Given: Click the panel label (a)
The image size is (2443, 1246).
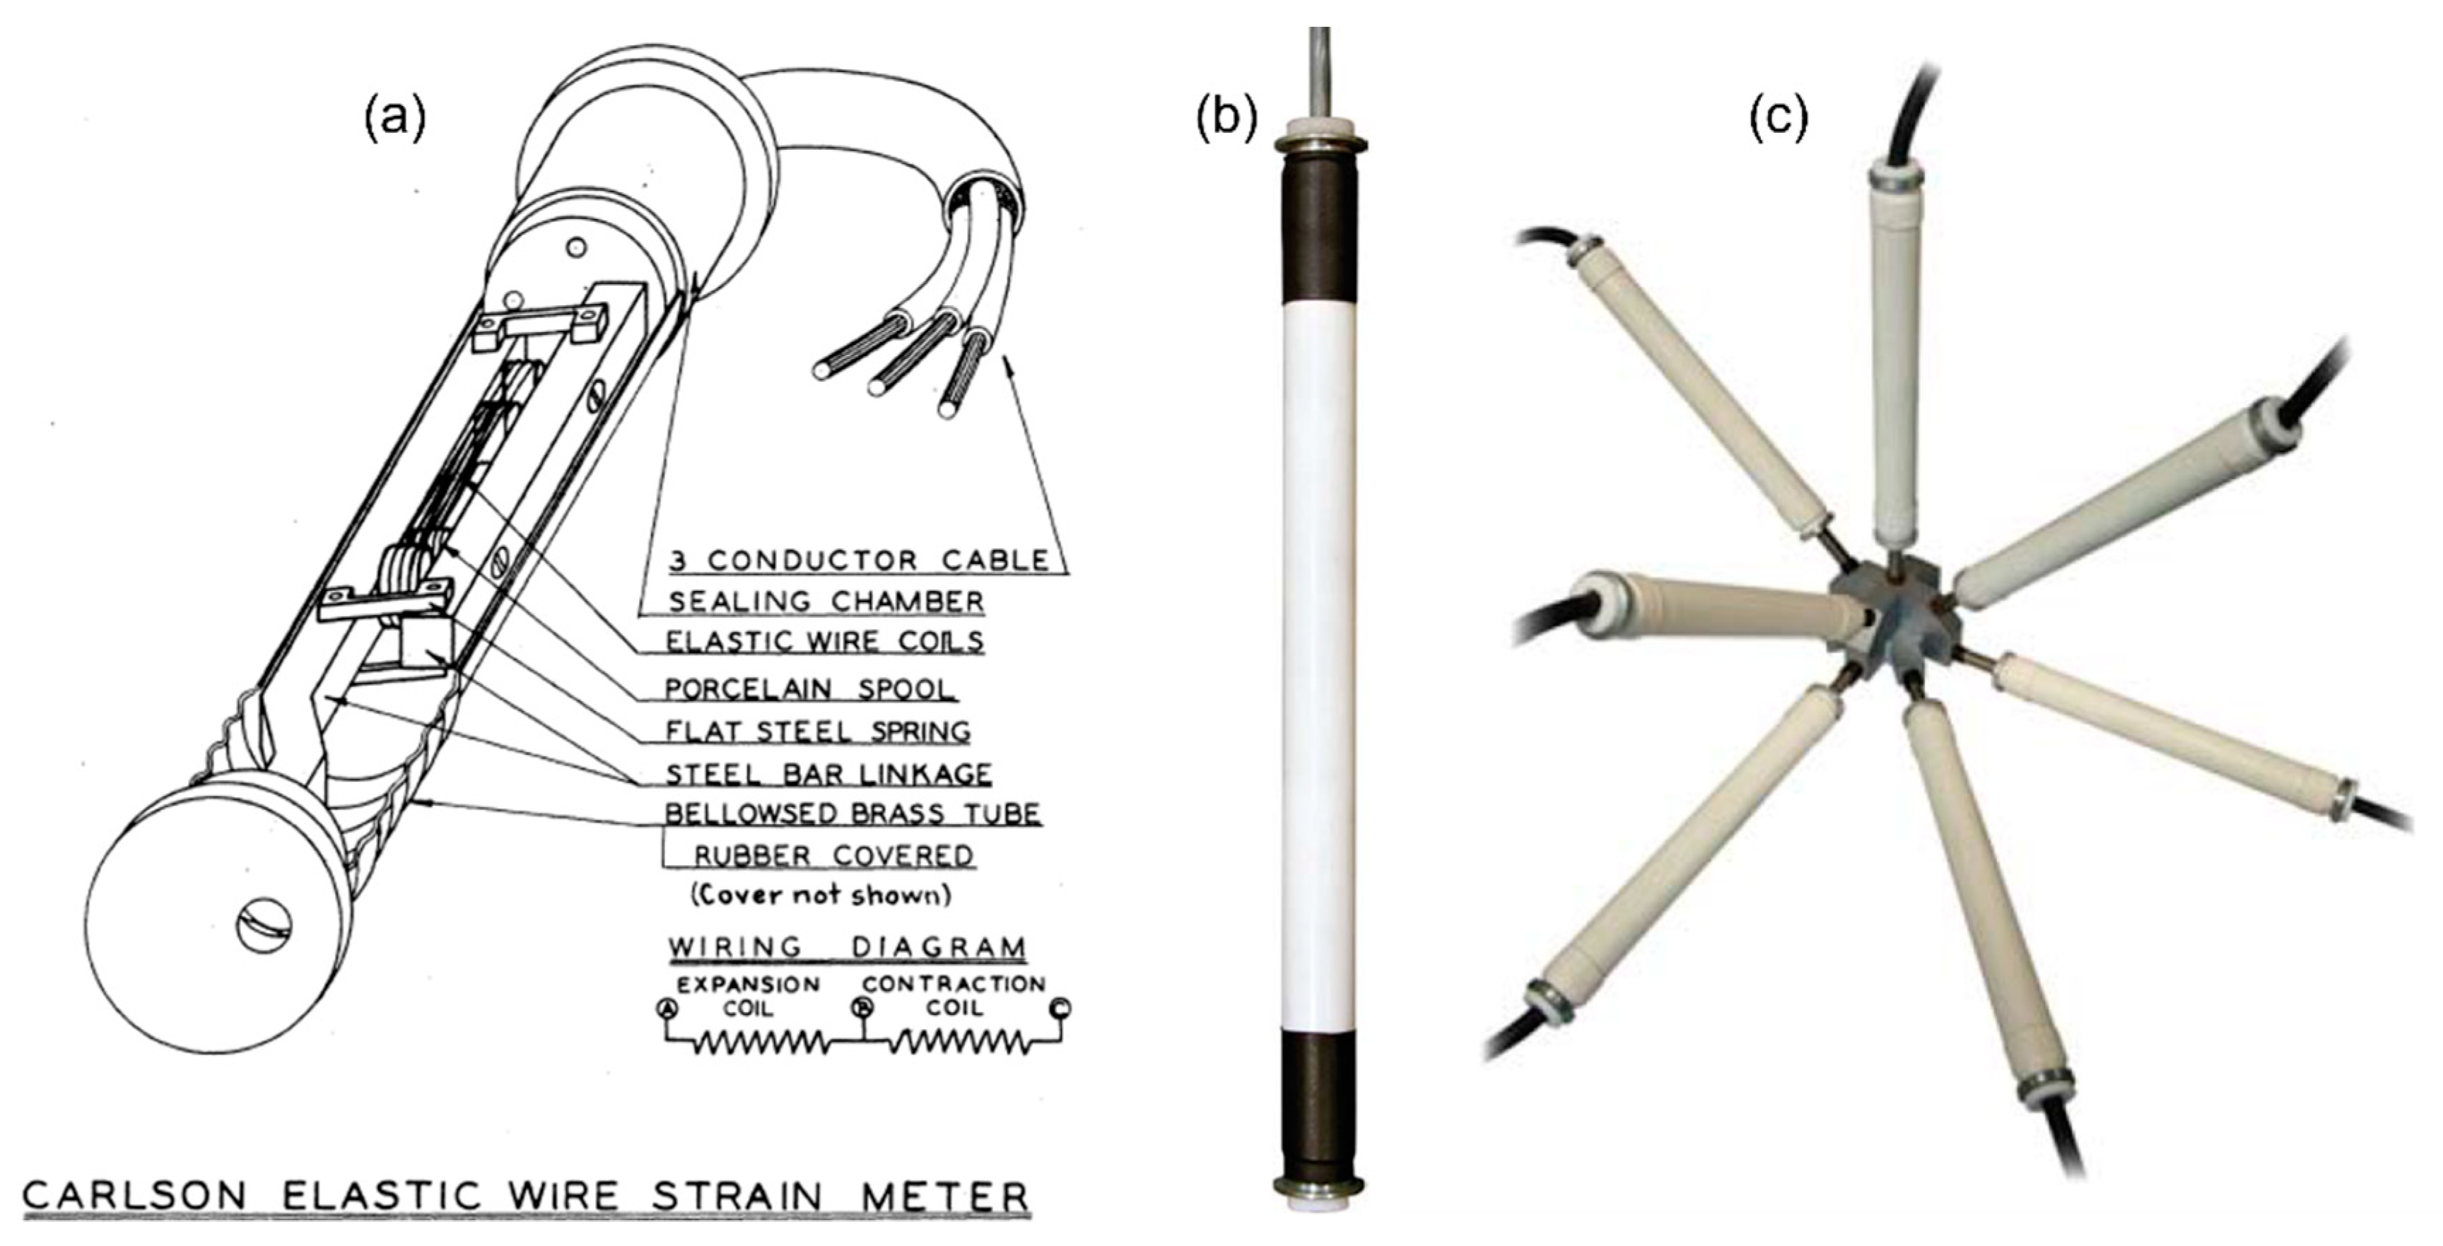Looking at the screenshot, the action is tap(395, 119).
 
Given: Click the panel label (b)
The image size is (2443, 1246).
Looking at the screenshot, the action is tap(1226, 119).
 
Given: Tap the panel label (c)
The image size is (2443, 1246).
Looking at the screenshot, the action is tap(1779, 119).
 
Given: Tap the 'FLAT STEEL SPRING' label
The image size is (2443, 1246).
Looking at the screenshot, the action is tap(817, 731).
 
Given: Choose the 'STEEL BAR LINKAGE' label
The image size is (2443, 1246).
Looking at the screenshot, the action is tap(828, 774).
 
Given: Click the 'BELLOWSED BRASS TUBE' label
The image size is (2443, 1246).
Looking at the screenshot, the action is tap(853, 813).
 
